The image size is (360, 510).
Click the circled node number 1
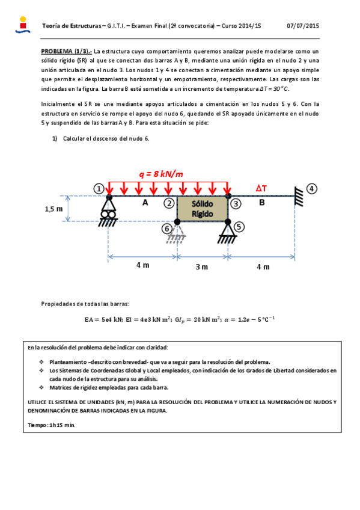pyautogui.click(x=99, y=189)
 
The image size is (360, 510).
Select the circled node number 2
pyautogui.click(x=170, y=203)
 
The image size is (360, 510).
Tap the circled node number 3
pyautogui.click(x=236, y=203)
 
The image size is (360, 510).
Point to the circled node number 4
pyautogui.click(x=311, y=189)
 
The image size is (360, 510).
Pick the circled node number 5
pyautogui.click(x=239, y=227)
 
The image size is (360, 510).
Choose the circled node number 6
pyautogui.click(x=167, y=228)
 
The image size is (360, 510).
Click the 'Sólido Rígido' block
pyautogui.click(x=202, y=209)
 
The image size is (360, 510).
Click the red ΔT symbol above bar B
pyautogui.click(x=261, y=188)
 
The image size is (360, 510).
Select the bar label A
pyautogui.click(x=145, y=203)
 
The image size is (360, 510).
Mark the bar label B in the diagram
pyautogui.click(x=262, y=203)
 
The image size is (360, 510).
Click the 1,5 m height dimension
pyautogui.click(x=53, y=209)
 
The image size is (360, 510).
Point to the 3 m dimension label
pyautogui.click(x=201, y=266)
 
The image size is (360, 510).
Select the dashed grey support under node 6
pyautogui.click(x=177, y=235)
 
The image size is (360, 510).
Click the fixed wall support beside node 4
pyautogui.click(x=297, y=195)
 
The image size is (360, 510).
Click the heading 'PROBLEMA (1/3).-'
pyautogui.click(x=66, y=51)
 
